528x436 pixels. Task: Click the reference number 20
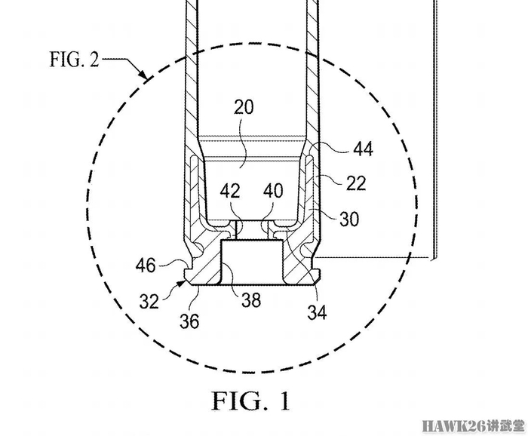(x=244, y=107)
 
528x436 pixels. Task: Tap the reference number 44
(x=363, y=149)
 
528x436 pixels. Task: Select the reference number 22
(x=356, y=183)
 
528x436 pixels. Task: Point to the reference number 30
(x=349, y=220)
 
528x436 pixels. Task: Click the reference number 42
(x=230, y=192)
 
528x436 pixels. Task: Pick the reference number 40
(x=273, y=191)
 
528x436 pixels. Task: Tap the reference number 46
(x=146, y=266)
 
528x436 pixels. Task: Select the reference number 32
(x=149, y=301)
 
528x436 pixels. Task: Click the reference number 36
(x=189, y=321)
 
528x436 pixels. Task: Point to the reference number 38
(x=251, y=299)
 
